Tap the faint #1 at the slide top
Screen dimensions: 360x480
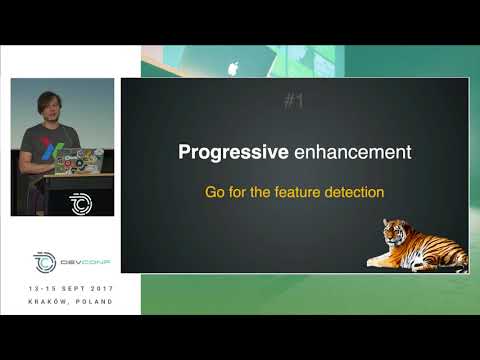tap(293, 101)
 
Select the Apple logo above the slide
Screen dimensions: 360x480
tap(234, 68)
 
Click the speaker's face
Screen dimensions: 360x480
tap(49, 107)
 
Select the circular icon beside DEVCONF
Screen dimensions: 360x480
tap(44, 262)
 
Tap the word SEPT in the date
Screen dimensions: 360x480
tap(70, 288)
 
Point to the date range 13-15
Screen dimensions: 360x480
tap(41, 288)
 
